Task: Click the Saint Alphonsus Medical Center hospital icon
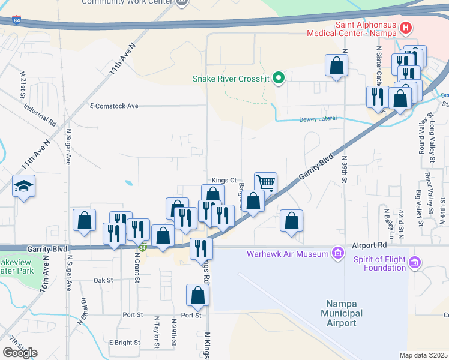406,28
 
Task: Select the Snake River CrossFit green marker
278,78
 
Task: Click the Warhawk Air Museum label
288,253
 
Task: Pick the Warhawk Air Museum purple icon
338,253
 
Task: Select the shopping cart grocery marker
265,182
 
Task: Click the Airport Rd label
370,245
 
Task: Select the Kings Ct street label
224,180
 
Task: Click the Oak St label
103,280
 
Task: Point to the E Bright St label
124,343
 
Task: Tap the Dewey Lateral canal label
320,119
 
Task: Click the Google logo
20,353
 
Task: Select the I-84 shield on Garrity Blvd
142,247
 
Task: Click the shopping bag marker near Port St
197,295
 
